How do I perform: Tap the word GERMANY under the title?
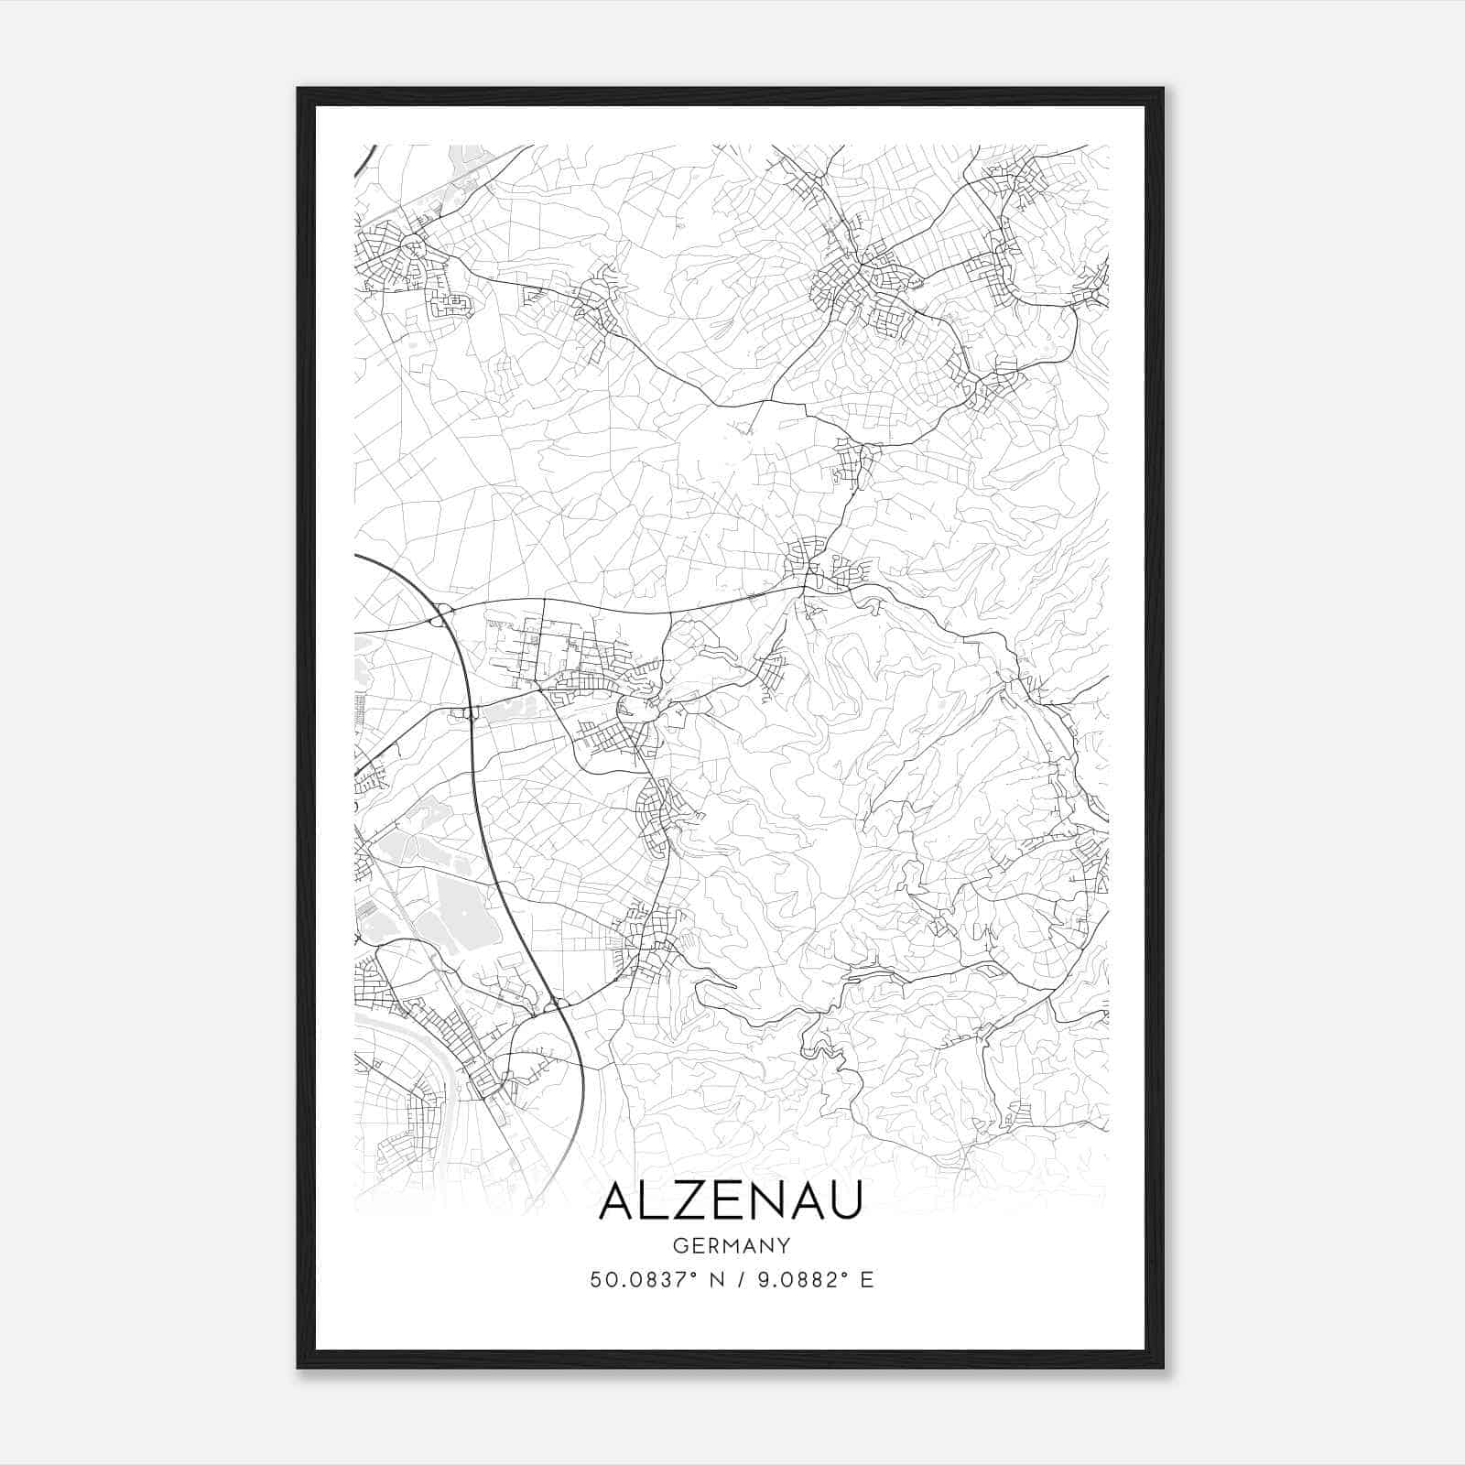731,1245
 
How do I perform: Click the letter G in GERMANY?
679,1245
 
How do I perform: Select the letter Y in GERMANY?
783,1245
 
